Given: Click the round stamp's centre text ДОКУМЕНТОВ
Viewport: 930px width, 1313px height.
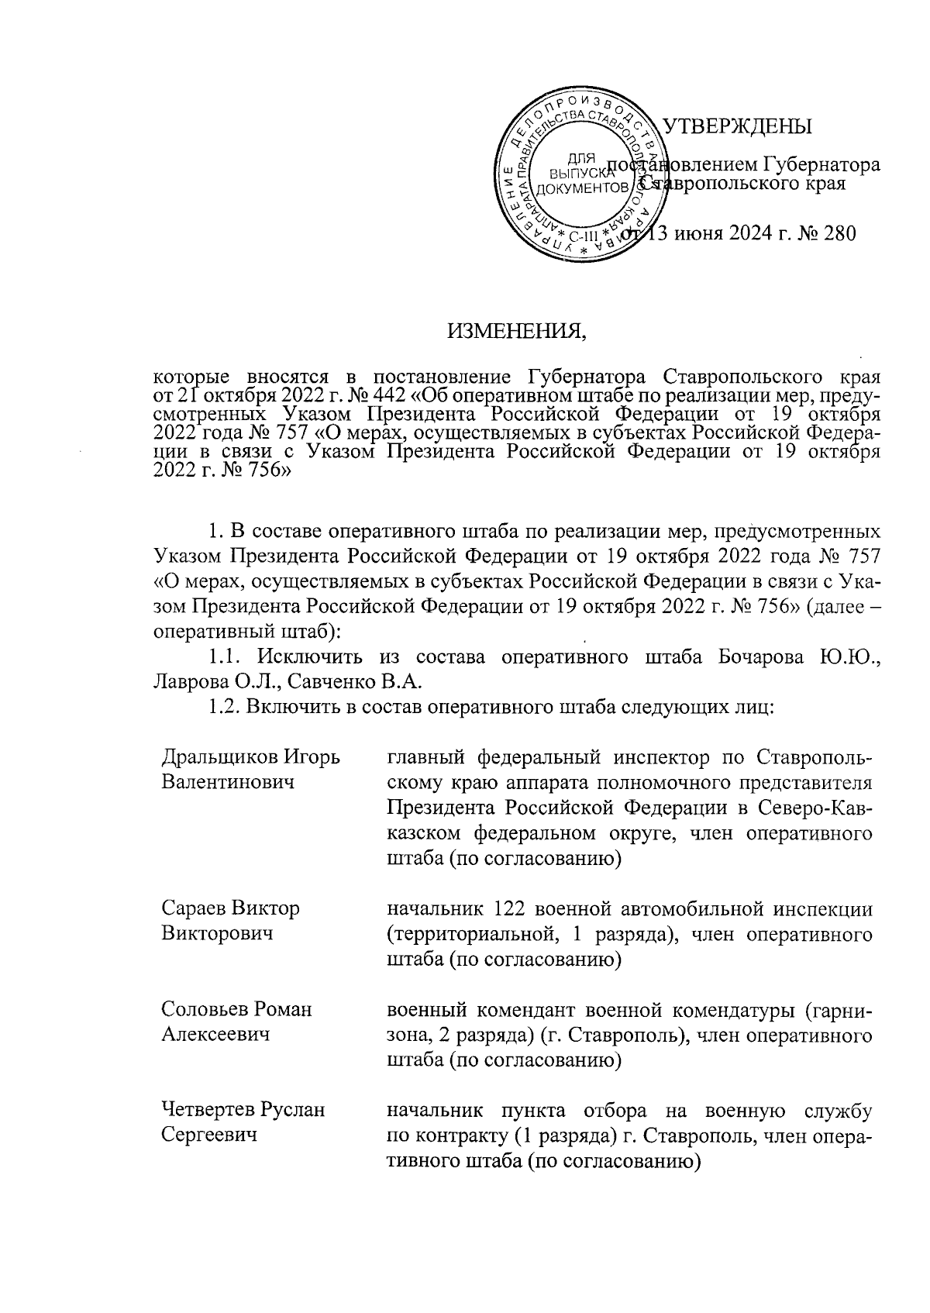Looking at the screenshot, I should click(x=582, y=188).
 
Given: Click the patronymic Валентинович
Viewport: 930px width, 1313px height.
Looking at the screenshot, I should click(x=229, y=781).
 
